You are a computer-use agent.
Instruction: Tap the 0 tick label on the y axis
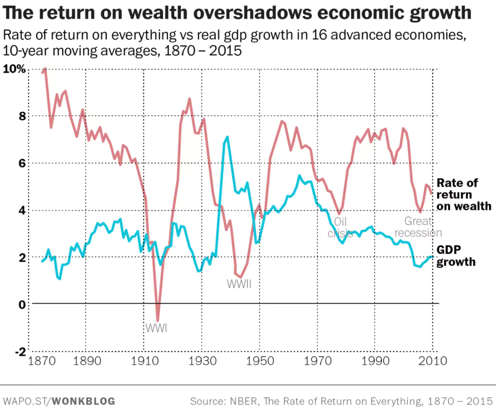coord(21,304)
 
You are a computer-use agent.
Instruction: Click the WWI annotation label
coord(156,328)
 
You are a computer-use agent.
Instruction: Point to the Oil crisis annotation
coord(341,227)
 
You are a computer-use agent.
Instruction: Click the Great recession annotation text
coord(418,227)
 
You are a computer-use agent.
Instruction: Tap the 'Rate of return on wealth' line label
coord(464,194)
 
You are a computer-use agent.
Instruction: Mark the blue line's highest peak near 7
coord(227,137)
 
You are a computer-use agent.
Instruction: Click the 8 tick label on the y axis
coord(21,116)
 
